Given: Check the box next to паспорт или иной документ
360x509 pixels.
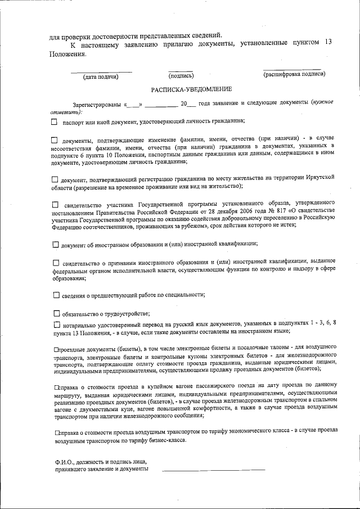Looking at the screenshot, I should [x=55, y=121].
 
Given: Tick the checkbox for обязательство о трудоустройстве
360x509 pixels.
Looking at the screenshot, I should [x=56, y=313].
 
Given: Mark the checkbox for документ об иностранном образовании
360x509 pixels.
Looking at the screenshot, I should [x=56, y=244].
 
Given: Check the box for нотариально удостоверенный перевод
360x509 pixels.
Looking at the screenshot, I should [x=56, y=325].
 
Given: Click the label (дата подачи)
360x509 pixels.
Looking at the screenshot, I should [x=101, y=76].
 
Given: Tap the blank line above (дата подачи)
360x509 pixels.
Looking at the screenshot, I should [x=101, y=71].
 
